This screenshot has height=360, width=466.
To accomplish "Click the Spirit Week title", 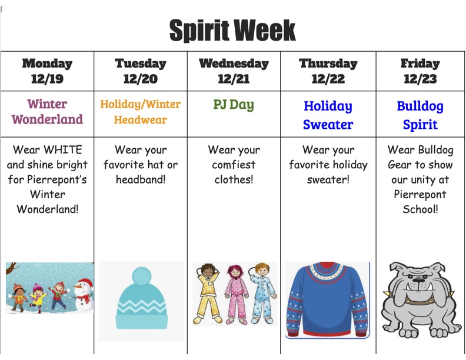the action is [x=232, y=31].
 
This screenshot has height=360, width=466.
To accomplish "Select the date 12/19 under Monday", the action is [x=47, y=79].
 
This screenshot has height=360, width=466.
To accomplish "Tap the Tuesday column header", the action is [x=141, y=64].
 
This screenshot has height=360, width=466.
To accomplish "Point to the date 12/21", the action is [x=234, y=79].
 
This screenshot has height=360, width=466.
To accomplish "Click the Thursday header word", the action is [x=328, y=64].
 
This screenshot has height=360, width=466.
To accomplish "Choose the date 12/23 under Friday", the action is [x=420, y=79].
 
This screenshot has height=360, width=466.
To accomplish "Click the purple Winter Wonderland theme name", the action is [x=47, y=112].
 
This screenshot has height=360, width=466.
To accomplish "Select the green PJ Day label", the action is [x=234, y=105].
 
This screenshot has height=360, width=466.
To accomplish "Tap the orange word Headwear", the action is [x=141, y=119].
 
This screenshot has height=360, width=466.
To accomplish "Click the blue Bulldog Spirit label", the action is [x=420, y=115].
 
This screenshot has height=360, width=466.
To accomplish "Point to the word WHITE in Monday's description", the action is [x=63, y=149].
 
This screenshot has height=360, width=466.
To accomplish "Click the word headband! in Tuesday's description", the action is [x=141, y=179].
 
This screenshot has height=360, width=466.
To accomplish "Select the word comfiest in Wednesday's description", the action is [x=234, y=165].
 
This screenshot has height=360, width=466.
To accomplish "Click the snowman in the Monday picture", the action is [x=84, y=294].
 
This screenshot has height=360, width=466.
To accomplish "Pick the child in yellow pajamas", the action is [x=208, y=294].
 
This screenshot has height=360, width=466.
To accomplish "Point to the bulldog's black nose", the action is [x=420, y=281].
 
